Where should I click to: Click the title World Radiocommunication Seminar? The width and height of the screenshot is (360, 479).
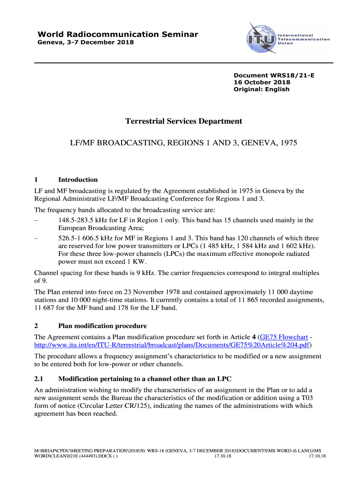(118, 34)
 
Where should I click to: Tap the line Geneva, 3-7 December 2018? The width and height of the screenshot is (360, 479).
(86, 43)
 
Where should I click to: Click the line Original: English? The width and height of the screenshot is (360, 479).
(261, 89)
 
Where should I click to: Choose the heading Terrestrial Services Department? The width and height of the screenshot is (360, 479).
(184, 122)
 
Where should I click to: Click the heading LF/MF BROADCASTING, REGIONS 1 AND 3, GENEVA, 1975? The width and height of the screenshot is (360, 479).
(184, 142)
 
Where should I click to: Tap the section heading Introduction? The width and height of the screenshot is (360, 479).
(78, 180)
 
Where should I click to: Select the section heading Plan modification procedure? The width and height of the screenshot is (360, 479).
(102, 326)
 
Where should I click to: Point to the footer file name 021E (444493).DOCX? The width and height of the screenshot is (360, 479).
(72, 456)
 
